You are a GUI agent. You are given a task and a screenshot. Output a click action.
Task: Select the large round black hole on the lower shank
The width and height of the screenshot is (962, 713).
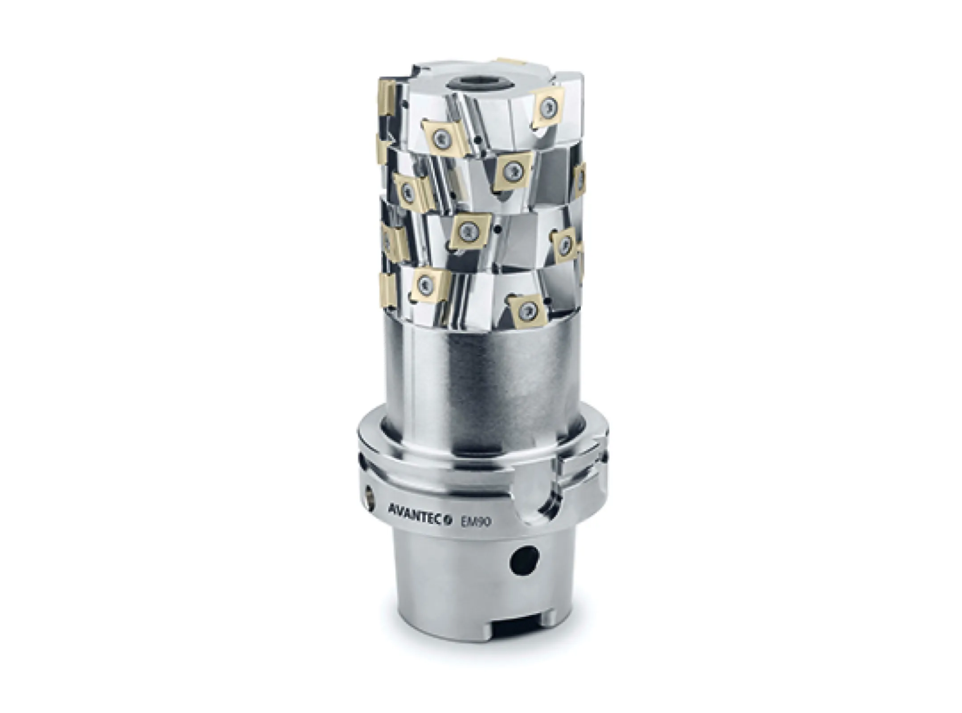click(525, 561)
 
